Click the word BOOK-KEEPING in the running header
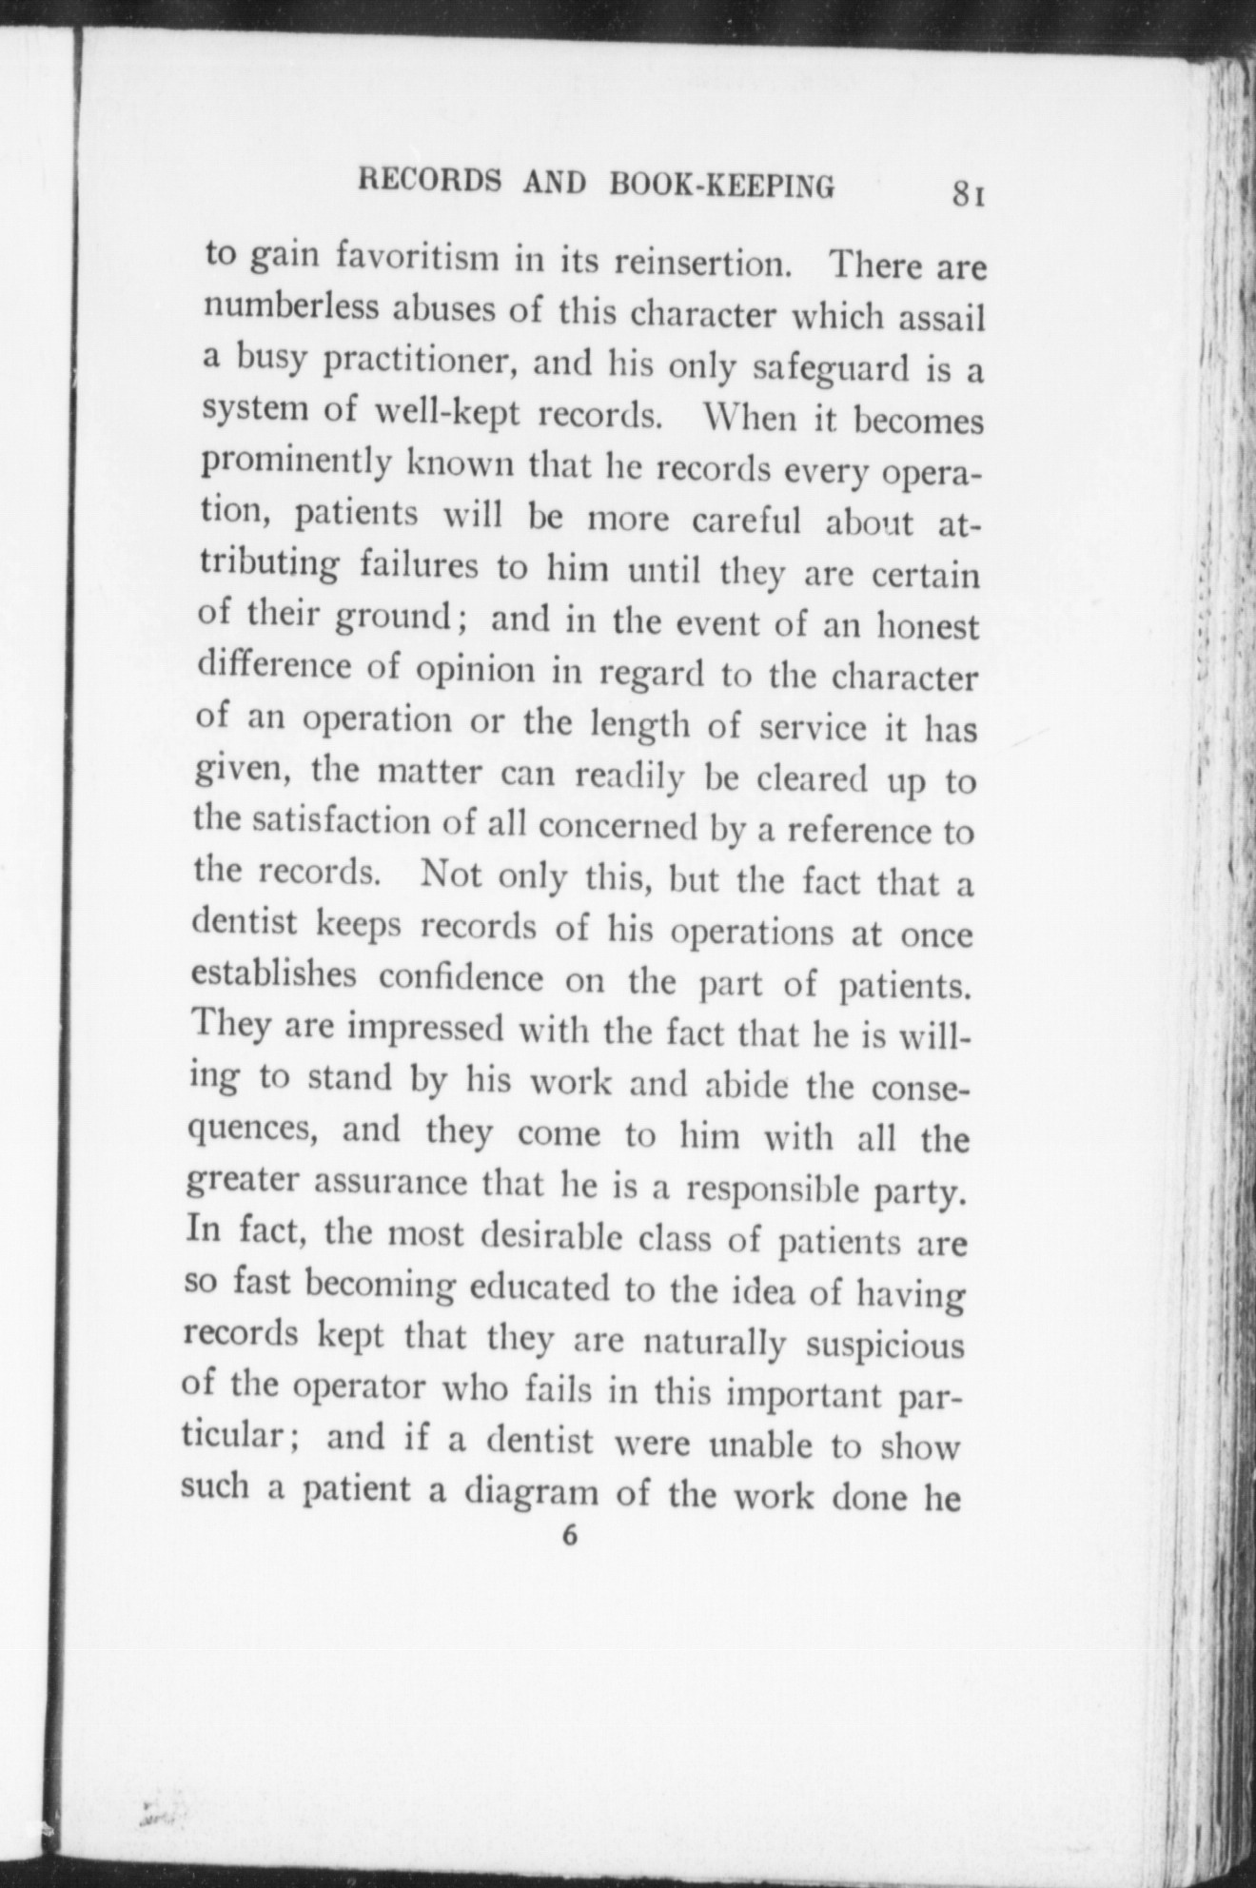(x=722, y=185)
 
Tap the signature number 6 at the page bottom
(x=570, y=1535)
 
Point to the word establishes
(x=274, y=975)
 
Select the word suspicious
(x=885, y=1346)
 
